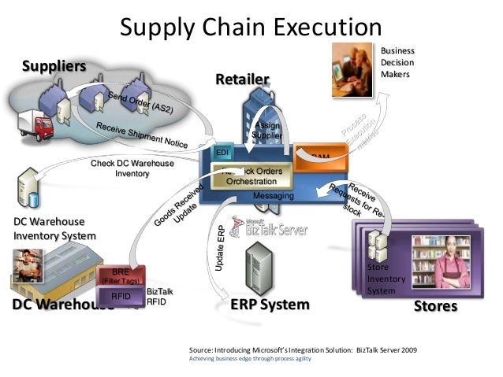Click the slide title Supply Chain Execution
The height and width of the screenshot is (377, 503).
click(251, 27)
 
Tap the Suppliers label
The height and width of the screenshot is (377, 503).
click(53, 65)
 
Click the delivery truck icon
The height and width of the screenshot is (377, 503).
click(34, 125)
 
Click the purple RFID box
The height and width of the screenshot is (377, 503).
click(121, 297)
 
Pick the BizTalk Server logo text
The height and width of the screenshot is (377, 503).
click(276, 230)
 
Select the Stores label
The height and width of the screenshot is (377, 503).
click(435, 305)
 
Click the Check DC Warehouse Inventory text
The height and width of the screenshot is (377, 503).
click(132, 168)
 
